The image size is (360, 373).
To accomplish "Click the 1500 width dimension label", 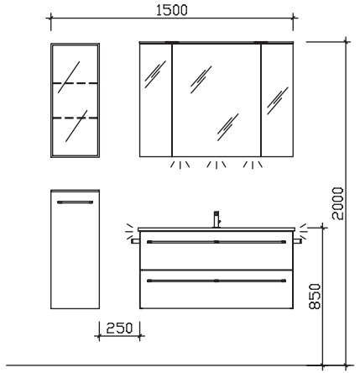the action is pyautogui.click(x=171, y=10).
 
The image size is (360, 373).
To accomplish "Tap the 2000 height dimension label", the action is pyautogui.click(x=337, y=203).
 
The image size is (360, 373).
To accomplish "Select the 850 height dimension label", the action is pyautogui.click(x=315, y=297).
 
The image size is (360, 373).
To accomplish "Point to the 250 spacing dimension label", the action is pyautogui.click(x=119, y=328).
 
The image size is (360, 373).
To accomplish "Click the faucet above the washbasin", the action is pyautogui.click(x=217, y=219).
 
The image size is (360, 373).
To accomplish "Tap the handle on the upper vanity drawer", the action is pyautogui.click(x=217, y=242).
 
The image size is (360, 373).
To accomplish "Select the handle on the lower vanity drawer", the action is pyautogui.click(x=217, y=281).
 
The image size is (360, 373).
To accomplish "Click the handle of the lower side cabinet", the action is pyautogui.click(x=75, y=202).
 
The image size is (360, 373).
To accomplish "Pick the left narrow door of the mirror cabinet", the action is pyautogui.click(x=155, y=100).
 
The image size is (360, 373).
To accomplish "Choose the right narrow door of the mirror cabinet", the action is pyautogui.click(x=277, y=100).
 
